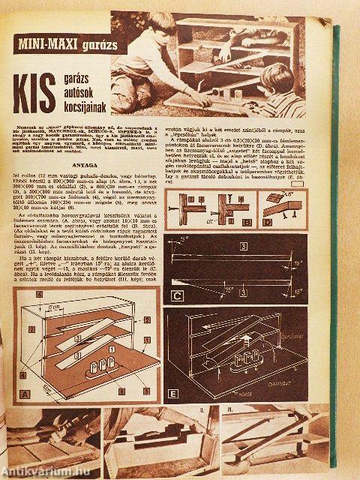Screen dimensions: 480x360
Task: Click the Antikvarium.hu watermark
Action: [41, 471]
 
